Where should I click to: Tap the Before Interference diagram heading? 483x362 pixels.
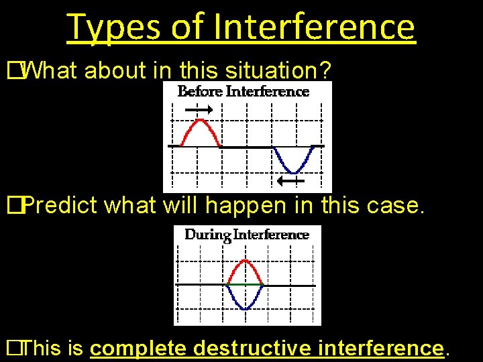(x=244, y=91)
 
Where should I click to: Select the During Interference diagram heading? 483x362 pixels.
(x=247, y=235)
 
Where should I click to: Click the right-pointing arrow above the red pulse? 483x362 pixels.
(x=199, y=110)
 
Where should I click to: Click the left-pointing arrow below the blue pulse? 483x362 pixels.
(x=291, y=181)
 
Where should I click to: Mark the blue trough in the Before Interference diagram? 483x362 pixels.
(x=294, y=164)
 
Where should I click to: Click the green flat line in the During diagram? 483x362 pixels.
(x=246, y=285)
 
